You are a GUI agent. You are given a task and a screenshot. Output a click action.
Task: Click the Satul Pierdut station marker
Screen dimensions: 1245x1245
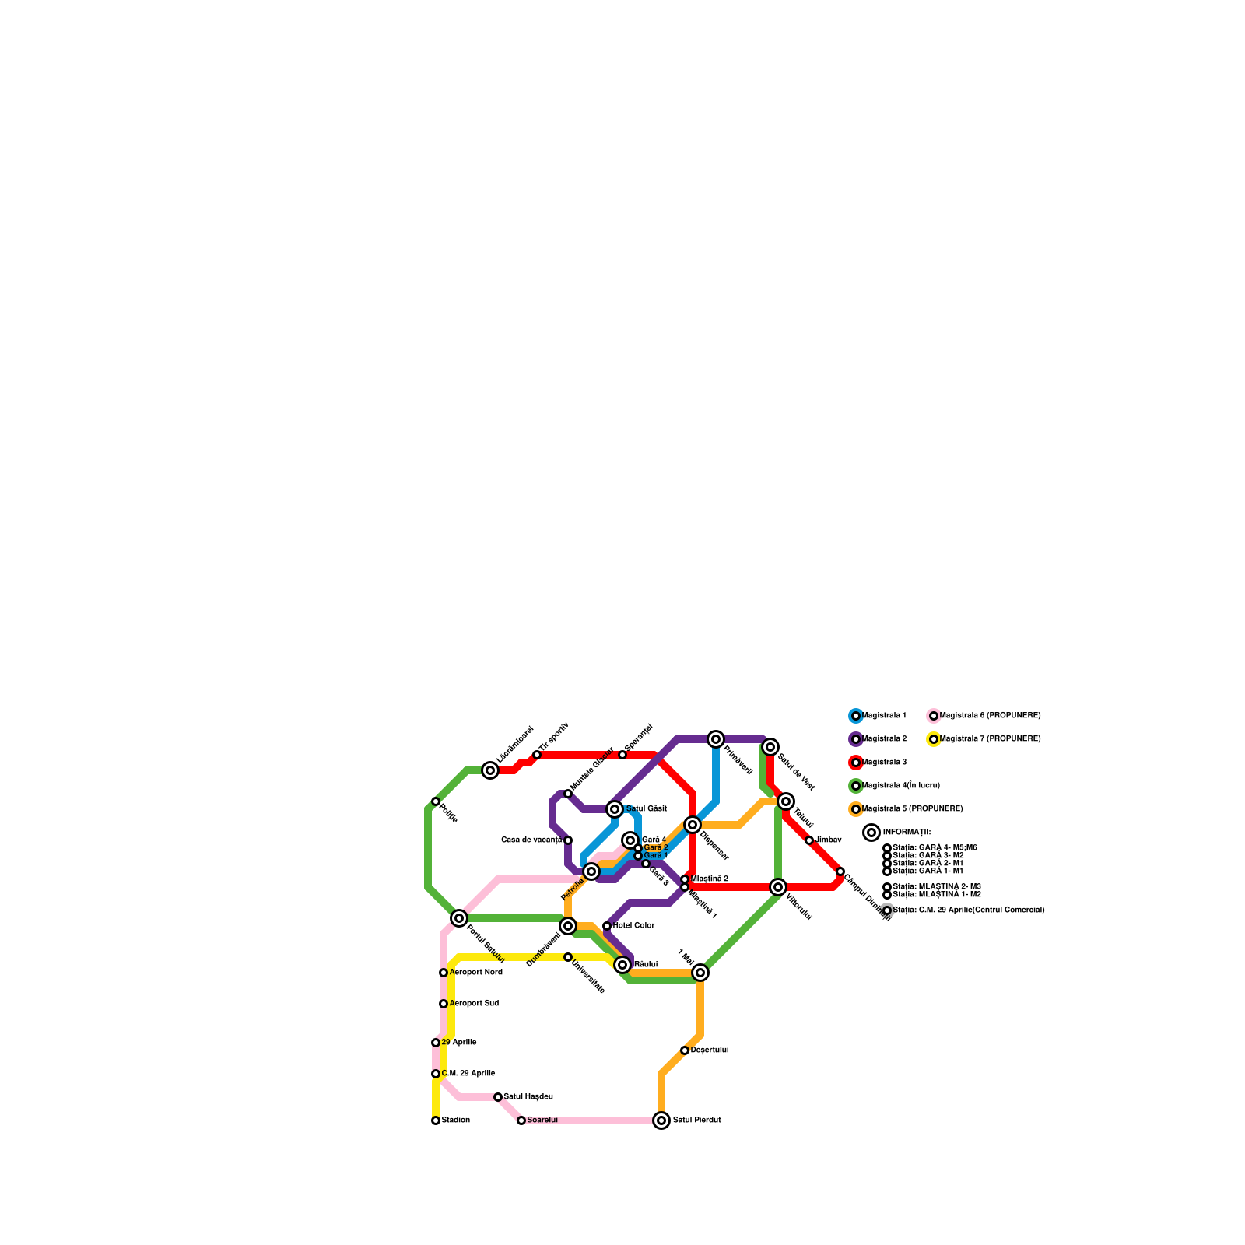pos(661,1120)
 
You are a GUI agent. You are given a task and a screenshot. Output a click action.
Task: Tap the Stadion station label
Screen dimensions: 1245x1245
pos(456,1120)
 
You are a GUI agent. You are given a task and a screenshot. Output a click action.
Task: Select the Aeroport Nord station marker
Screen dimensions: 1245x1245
pos(444,973)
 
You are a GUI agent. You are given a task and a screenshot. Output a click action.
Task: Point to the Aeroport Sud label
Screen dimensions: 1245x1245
pos(474,1004)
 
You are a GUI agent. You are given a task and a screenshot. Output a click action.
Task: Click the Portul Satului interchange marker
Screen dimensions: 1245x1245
pos(459,918)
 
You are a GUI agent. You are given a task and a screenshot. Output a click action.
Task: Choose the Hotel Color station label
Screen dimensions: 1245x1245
pos(634,926)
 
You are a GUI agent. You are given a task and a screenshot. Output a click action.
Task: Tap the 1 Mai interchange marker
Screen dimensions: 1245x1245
pos(700,973)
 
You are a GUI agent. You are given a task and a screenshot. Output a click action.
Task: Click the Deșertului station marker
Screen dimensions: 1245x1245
pos(685,1050)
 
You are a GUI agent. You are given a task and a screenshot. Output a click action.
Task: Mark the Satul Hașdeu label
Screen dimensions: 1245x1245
pos(528,1097)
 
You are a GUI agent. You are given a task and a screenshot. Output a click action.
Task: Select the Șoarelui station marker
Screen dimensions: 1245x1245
pos(521,1120)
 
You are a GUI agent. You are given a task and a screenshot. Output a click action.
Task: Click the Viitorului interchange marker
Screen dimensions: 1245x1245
pos(778,887)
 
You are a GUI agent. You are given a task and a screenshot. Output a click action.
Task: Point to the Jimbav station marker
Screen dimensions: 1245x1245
pos(809,840)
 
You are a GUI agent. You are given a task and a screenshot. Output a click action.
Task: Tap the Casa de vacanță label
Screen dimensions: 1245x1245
pos(531,840)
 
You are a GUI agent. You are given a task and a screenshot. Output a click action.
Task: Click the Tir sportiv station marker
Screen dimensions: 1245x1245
pos(537,755)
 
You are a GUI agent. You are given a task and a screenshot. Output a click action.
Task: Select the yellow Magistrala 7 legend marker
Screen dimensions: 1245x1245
pos(934,739)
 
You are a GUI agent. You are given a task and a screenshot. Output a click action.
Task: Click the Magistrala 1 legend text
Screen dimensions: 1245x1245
pos(885,716)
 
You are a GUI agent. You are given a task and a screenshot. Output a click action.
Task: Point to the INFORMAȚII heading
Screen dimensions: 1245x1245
pos(907,833)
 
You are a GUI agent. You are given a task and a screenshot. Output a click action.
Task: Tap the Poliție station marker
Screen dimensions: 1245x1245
pos(436,801)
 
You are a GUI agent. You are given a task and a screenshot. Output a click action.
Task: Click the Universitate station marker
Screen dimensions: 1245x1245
pos(568,957)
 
